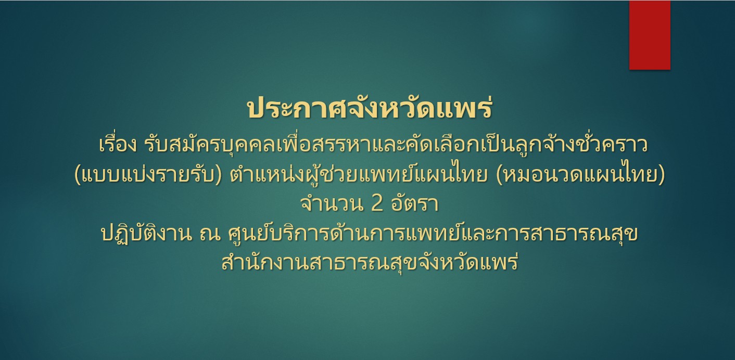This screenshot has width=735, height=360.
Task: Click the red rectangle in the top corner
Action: pos(650,35)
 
